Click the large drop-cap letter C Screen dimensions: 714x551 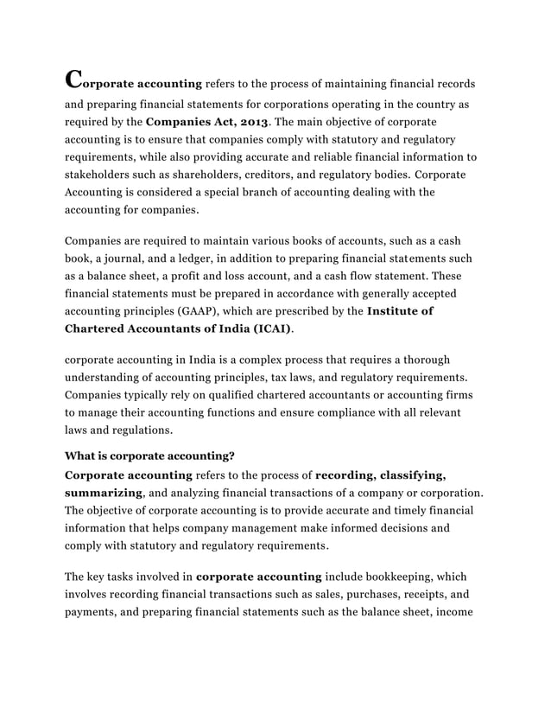pyautogui.click(x=76, y=79)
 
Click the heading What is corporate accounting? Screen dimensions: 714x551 pyautogui.click(x=150, y=456)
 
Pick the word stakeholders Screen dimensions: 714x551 pyautogui.click(x=97, y=175)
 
